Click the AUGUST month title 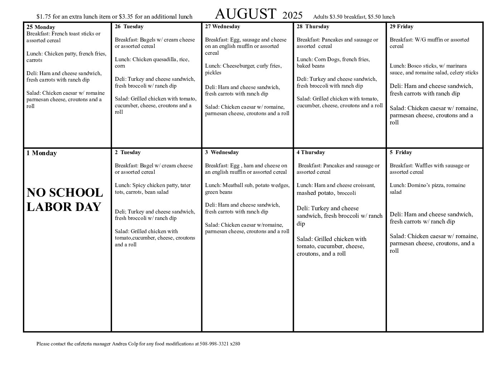coord(246,14)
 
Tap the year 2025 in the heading coord(292,15)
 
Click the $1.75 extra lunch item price coord(44,17)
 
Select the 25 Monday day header coord(40,27)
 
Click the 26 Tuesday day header coord(129,26)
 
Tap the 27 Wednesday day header coord(222,26)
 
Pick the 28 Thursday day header coord(312,26)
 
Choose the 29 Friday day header coord(401,26)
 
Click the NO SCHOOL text coord(65,193)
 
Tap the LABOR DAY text coord(64,207)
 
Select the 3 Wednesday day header coord(222,152)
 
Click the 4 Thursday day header coord(311,152)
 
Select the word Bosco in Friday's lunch coord(414,66)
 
